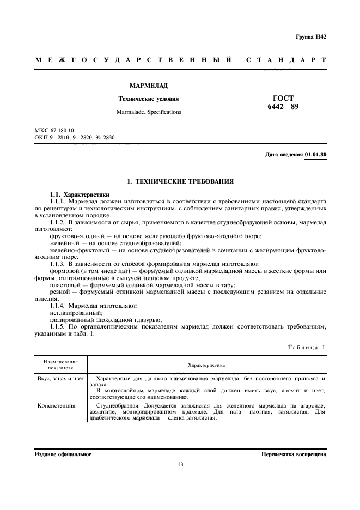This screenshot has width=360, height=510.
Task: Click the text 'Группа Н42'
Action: click(x=311, y=37)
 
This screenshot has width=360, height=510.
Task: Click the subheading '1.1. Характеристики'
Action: click(x=79, y=195)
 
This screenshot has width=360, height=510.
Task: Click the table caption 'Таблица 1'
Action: click(x=306, y=348)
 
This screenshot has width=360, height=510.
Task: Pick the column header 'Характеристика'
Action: click(x=206, y=365)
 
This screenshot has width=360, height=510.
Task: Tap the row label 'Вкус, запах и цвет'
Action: click(x=60, y=378)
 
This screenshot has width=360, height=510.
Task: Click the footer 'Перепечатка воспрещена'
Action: click(x=293, y=454)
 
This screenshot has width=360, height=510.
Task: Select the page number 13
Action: click(x=180, y=465)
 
